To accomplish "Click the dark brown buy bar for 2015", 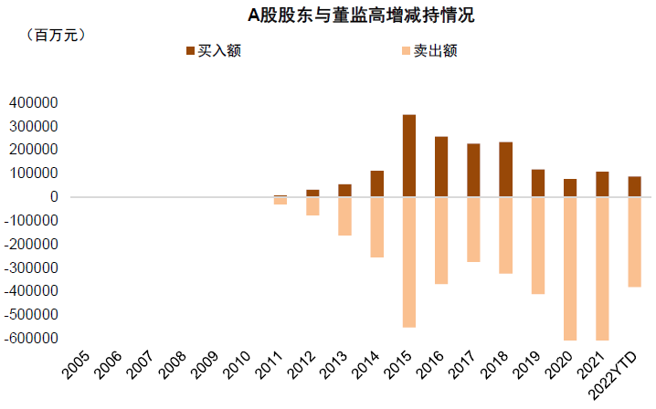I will (409, 155).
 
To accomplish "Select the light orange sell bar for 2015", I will (409, 262).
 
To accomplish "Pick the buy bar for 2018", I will (505, 170).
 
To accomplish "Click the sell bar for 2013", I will (344, 216).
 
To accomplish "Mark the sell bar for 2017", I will (473, 229).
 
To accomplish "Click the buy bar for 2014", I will (377, 184).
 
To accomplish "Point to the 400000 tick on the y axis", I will (34, 102).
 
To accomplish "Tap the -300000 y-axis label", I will (31, 267).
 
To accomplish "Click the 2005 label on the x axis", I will (77, 368).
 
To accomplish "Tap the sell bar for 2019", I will (538, 246).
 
